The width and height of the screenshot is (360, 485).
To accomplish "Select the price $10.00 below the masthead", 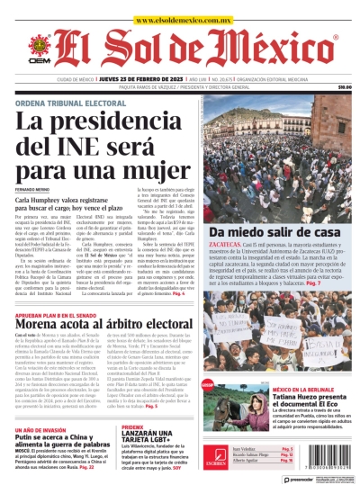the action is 344,87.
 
